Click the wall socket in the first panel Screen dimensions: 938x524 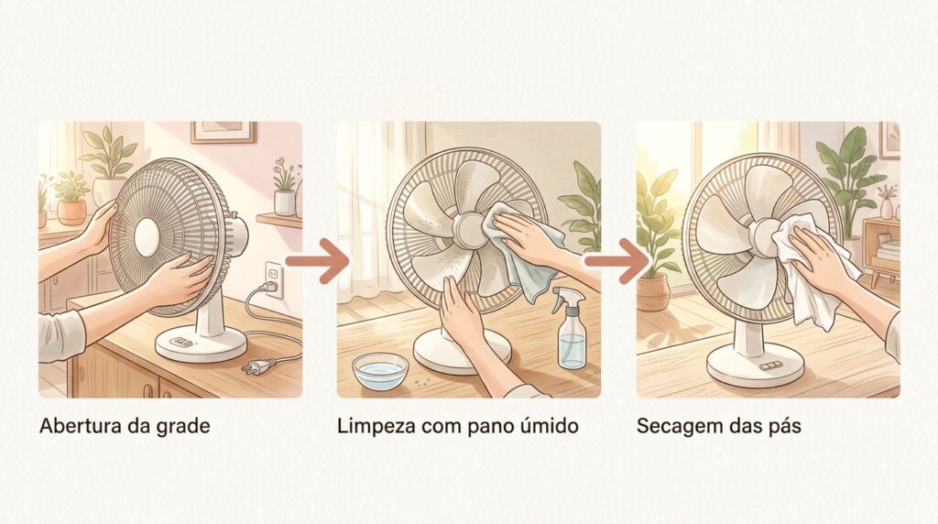coord(274,278)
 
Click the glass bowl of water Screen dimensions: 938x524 coord(380,371)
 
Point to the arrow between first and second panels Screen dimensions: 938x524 coord(317,261)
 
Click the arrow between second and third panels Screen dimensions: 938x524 coord(616,261)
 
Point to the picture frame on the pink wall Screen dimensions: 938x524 coord(224,132)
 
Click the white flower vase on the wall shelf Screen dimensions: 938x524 coord(284,202)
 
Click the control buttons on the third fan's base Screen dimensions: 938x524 coord(768,366)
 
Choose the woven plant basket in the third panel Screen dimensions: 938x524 coord(652,292)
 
